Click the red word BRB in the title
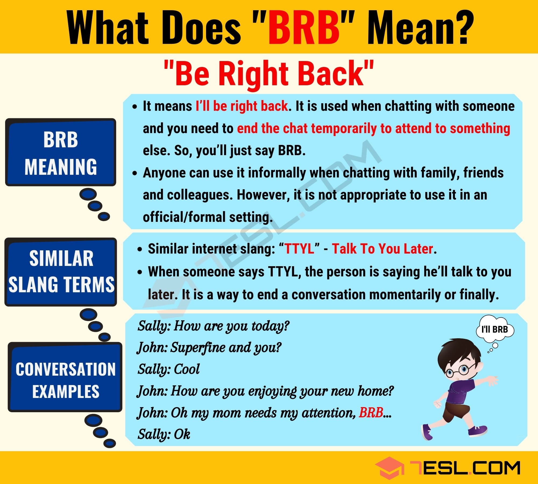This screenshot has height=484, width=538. (304, 27)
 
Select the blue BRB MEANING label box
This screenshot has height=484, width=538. (61, 152)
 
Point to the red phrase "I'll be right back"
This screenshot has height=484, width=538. (242, 106)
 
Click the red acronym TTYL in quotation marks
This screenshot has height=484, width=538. (299, 249)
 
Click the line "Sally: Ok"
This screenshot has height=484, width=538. (164, 434)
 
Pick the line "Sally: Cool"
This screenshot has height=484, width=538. (169, 369)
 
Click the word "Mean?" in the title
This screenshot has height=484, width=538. (420, 27)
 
